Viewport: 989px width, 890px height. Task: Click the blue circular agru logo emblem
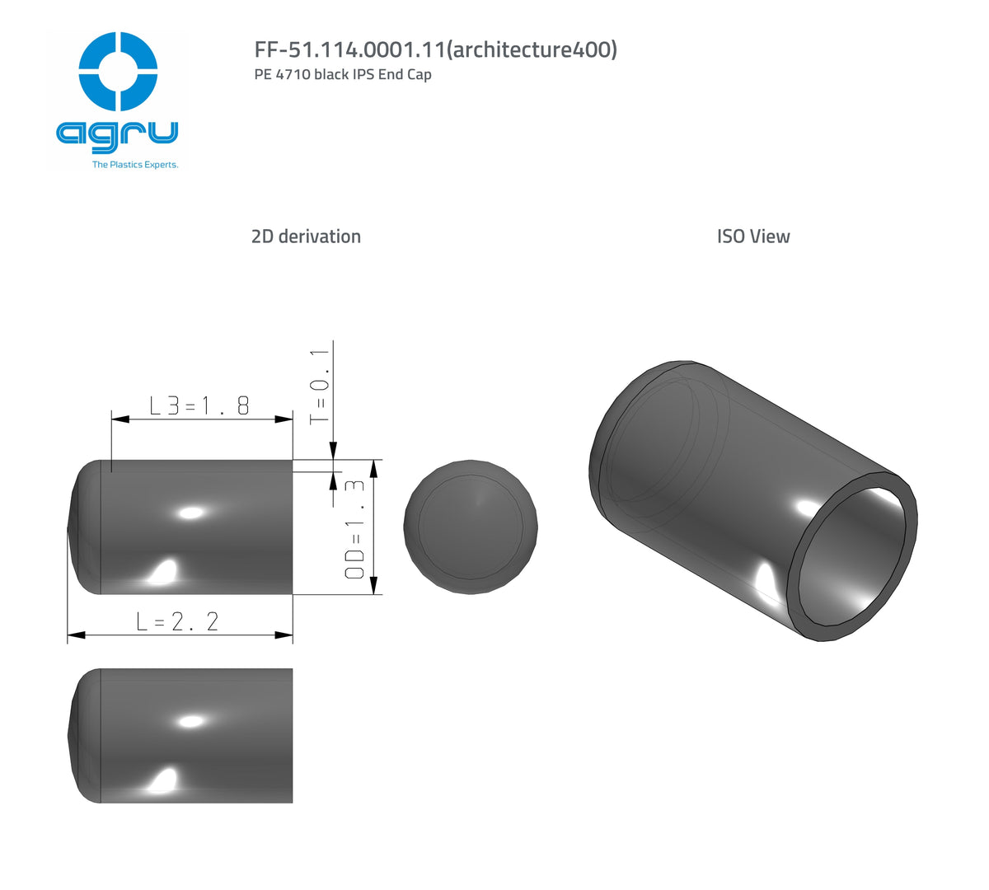point(118,72)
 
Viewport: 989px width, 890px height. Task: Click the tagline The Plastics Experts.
point(135,165)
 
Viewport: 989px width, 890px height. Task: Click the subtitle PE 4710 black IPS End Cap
point(343,74)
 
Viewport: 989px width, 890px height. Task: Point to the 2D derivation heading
point(306,237)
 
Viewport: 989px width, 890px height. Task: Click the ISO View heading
point(752,237)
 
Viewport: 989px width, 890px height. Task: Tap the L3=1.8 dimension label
point(199,405)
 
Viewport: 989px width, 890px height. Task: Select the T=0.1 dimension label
point(320,387)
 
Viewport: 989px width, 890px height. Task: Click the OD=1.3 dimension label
point(354,530)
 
